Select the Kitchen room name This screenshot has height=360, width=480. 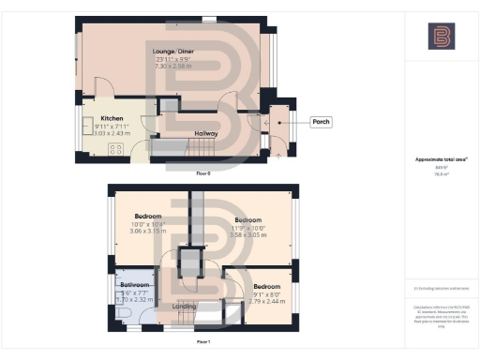click(112, 118)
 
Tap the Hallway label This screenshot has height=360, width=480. click(205, 134)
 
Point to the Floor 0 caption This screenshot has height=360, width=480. click(202, 173)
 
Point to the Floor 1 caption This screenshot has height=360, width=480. click(202, 343)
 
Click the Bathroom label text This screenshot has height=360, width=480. click(135, 284)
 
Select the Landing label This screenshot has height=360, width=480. click(184, 305)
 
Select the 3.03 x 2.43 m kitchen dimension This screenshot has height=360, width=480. click(112, 133)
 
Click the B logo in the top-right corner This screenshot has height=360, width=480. click(441, 37)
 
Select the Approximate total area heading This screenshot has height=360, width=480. click(440, 159)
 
